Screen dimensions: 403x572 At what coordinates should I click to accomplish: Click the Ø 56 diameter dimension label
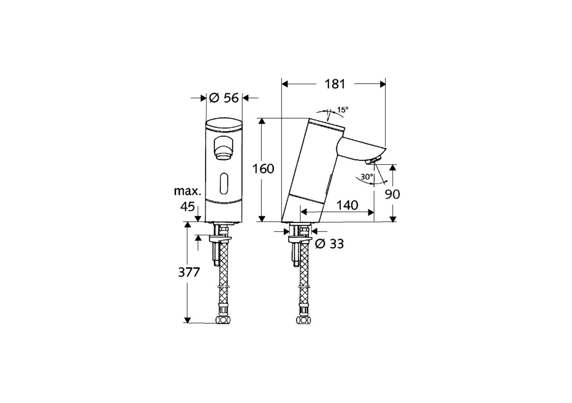(x=224, y=98)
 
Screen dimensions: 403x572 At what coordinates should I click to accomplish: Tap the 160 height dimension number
(x=263, y=169)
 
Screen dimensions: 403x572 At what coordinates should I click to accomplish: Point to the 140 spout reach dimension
(x=347, y=205)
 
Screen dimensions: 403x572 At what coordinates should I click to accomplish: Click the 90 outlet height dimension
(x=393, y=194)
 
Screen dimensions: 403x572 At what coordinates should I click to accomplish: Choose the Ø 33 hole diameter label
(x=329, y=244)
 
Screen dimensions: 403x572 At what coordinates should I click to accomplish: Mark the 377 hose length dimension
(x=189, y=272)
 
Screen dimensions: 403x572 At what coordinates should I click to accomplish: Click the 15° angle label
(x=342, y=110)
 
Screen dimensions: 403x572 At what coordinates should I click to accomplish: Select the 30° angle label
(x=366, y=177)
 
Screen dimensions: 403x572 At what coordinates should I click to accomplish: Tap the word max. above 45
(x=187, y=191)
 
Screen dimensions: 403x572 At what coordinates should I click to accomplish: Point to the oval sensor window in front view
(x=224, y=183)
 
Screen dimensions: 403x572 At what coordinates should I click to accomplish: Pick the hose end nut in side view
(x=304, y=321)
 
